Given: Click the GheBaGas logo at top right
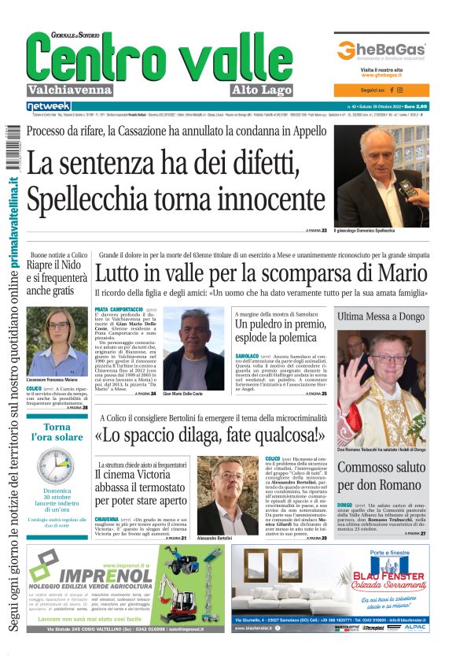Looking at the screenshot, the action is pyautogui.click(x=381, y=50).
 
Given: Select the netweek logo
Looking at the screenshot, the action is pyautogui.click(x=48, y=106).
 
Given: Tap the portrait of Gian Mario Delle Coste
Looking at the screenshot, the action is pyautogui.click(x=193, y=346).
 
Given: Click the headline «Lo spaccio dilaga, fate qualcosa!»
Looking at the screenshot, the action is pyautogui.click(x=210, y=434).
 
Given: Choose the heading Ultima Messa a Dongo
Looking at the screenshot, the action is pyautogui.click(x=381, y=317).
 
